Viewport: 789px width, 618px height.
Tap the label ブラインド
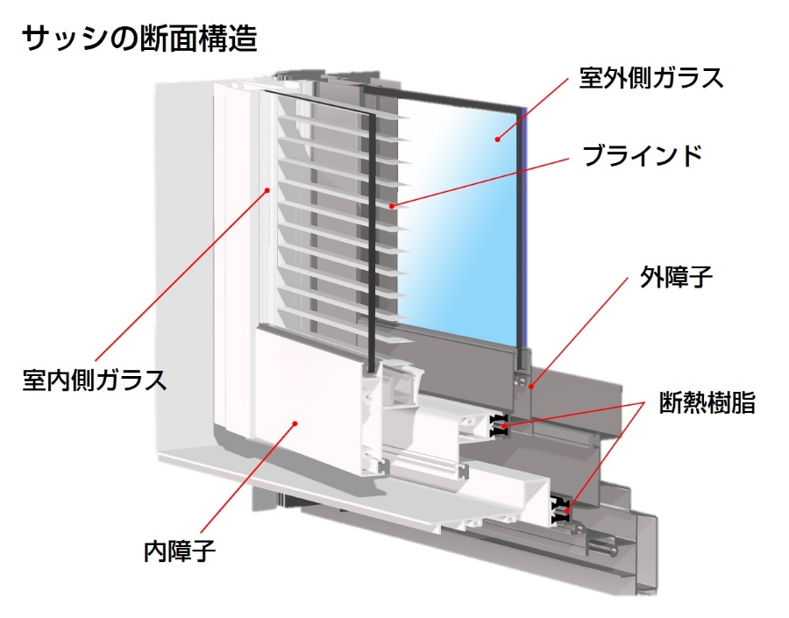643,157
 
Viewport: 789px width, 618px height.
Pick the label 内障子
179,551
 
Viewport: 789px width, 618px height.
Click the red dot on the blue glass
496,137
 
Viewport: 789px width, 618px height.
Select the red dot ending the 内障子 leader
295,423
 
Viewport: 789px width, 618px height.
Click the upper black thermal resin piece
500,426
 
